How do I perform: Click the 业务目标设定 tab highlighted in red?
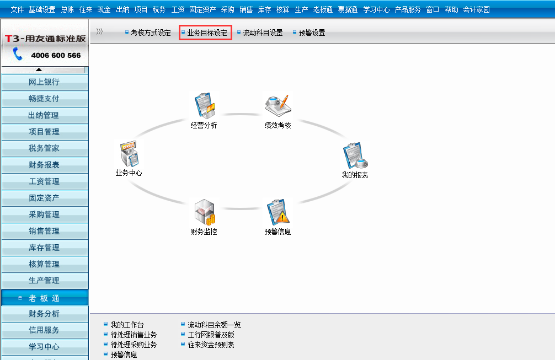pos(205,33)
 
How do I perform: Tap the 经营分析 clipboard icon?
pos(205,105)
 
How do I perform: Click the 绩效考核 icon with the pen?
pos(278,105)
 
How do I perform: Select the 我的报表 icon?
pos(355,155)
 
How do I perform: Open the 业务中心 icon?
pos(130,154)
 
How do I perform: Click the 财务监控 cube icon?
pos(205,212)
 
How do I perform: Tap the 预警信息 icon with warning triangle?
pos(278,212)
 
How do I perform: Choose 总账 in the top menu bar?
pos(67,9)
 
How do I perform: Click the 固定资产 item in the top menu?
pos(202,9)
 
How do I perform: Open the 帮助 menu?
pos(451,9)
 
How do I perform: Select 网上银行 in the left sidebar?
pos(45,82)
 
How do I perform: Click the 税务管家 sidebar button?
pos(45,148)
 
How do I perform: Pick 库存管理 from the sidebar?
pos(45,248)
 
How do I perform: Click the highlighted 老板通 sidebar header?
pos(45,298)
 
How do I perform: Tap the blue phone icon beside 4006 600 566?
pos(17,54)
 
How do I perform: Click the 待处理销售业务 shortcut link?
pos(134,335)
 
